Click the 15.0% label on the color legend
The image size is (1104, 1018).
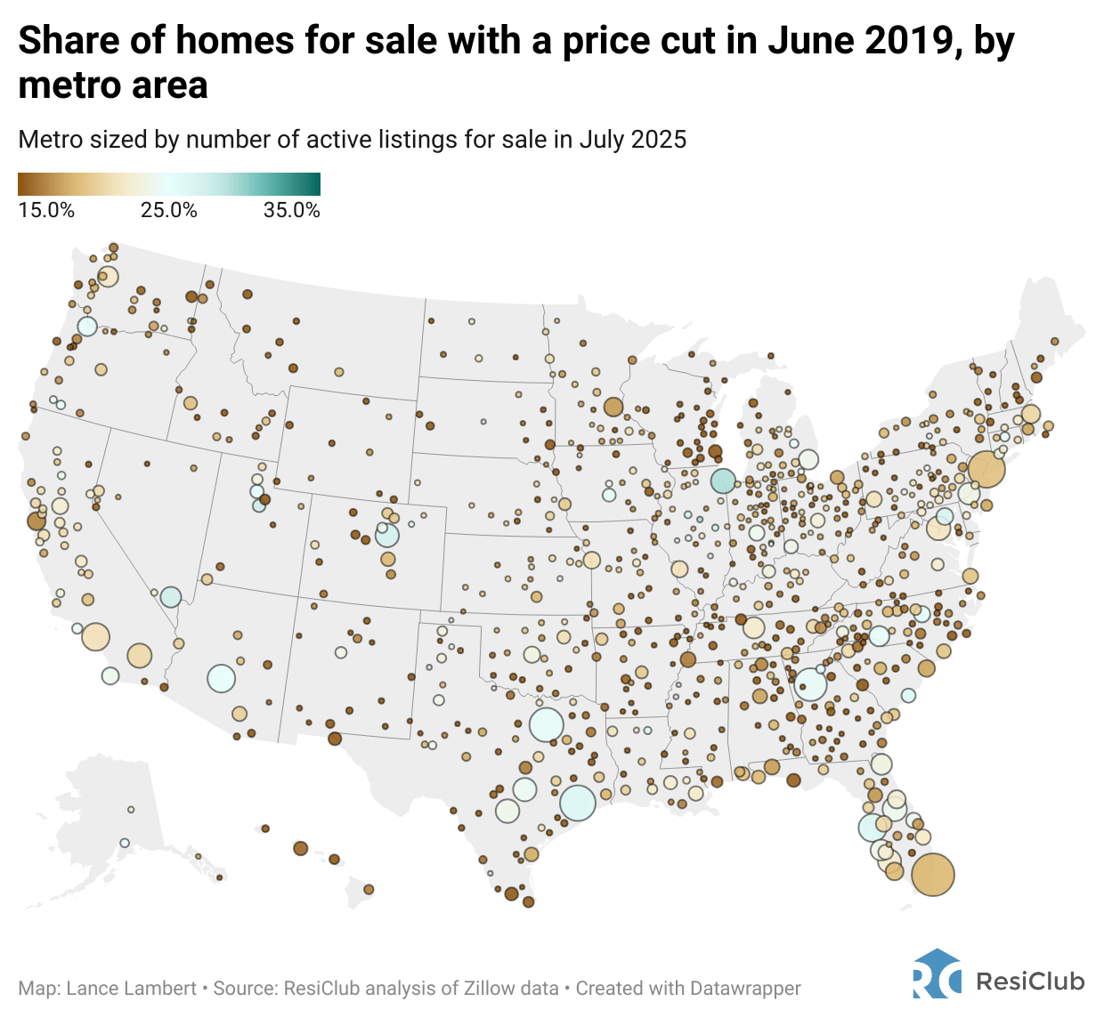click(46, 211)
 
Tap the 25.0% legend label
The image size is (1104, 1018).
click(169, 211)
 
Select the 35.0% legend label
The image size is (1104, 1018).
click(292, 211)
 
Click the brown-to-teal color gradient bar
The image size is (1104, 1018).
click(169, 184)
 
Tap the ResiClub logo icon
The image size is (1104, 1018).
click(937, 974)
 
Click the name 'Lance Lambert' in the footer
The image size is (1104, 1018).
click(131, 989)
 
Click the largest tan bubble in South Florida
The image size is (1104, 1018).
click(932, 874)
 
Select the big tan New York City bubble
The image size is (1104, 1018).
click(986, 468)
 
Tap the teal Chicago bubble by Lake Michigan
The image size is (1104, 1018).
click(723, 481)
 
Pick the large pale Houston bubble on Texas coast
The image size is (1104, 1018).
click(577, 802)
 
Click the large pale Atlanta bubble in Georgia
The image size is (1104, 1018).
click(810, 684)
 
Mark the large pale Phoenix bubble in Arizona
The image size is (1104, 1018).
click(221, 678)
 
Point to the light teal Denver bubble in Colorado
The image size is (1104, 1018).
click(387, 535)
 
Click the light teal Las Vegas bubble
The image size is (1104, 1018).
click(171, 597)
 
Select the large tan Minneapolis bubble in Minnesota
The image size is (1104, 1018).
click(613, 407)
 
